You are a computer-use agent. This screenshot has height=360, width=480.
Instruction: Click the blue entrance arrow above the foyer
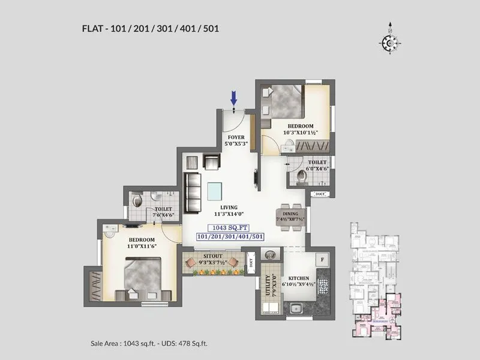point(233,97)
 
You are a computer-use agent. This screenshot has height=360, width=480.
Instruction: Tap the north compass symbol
point(389,42)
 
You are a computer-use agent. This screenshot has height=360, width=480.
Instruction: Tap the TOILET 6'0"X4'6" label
point(317,166)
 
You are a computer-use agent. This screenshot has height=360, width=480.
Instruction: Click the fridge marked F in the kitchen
point(323,260)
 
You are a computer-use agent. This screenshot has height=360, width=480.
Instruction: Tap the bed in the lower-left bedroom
point(142,277)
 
